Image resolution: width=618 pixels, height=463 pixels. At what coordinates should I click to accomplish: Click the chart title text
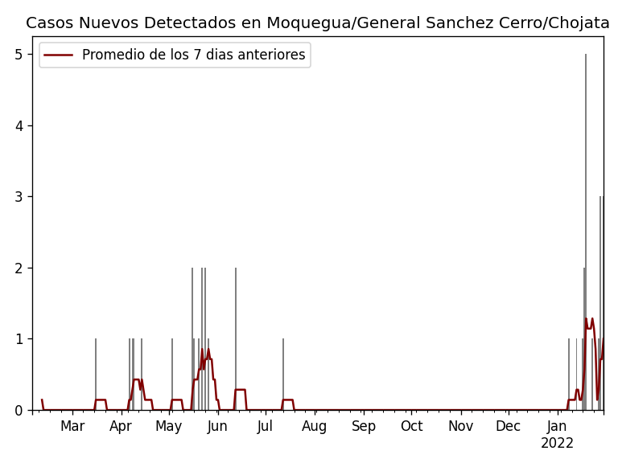pyautogui.click(x=318, y=23)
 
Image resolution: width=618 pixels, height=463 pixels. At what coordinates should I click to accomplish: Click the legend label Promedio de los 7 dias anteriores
pyautogui.click(x=193, y=55)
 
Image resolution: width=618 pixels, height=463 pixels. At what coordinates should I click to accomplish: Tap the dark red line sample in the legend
pyautogui.click(x=58, y=55)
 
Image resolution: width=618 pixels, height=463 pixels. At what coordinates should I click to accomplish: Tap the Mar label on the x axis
pyautogui.click(x=72, y=426)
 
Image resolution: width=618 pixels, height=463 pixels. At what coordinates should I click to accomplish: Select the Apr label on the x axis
pyautogui.click(x=121, y=426)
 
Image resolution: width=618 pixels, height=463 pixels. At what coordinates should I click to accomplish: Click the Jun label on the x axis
pyautogui.click(x=217, y=426)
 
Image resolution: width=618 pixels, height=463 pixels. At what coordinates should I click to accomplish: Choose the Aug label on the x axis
pyautogui.click(x=315, y=426)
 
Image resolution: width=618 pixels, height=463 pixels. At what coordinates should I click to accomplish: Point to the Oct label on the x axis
pyautogui.click(x=411, y=426)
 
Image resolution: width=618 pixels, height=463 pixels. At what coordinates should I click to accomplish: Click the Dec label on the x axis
pyautogui.click(x=508, y=426)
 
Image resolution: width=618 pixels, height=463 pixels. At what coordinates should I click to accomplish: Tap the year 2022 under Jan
pyautogui.click(x=557, y=444)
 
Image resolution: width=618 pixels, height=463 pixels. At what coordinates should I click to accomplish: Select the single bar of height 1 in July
pyautogui.click(x=283, y=374)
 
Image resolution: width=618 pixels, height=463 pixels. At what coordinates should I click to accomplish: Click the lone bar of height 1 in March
pyautogui.click(x=96, y=374)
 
